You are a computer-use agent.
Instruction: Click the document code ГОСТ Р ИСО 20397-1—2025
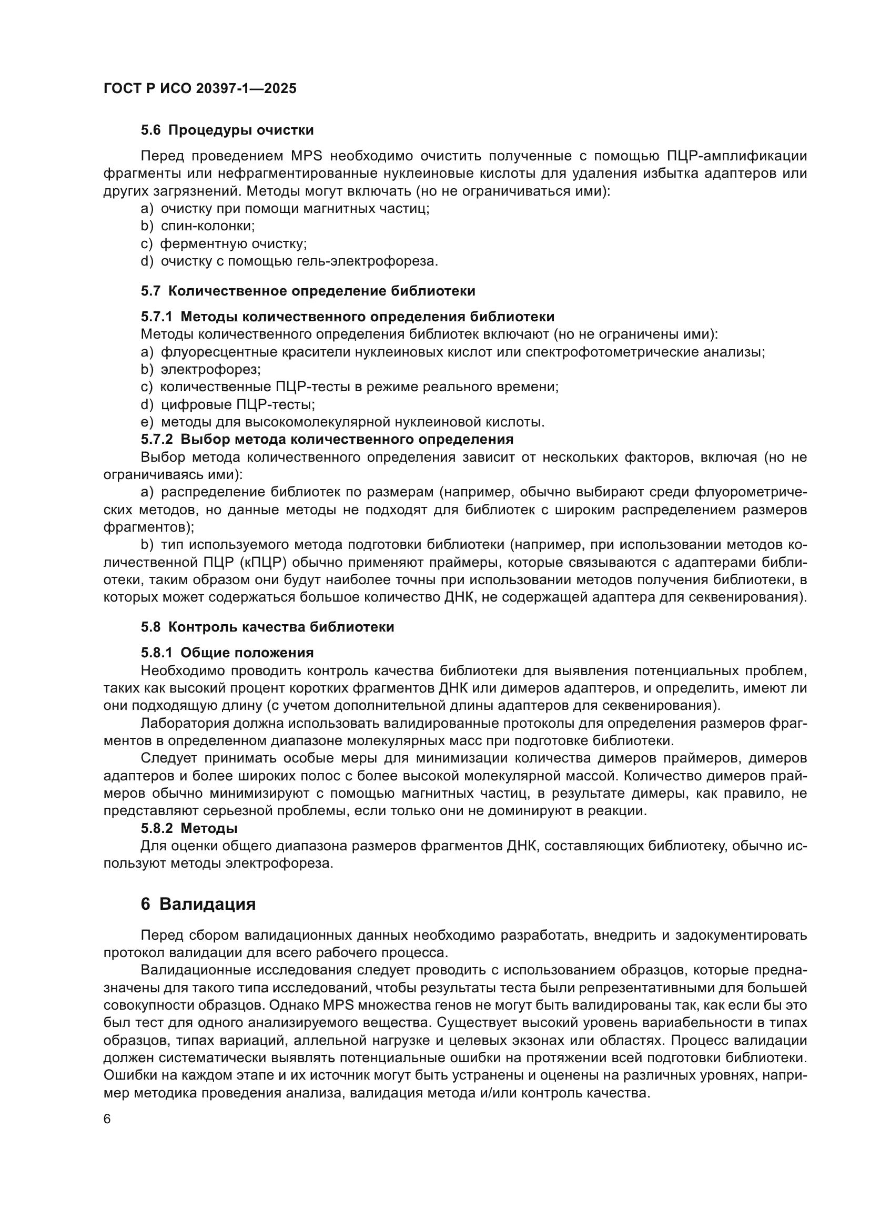[x=199, y=89]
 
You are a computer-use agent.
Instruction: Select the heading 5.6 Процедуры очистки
[x=227, y=130]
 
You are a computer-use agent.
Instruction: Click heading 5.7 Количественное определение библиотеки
[x=308, y=291]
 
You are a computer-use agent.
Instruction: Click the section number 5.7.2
[x=157, y=439]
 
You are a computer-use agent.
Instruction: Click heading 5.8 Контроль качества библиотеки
[x=267, y=627]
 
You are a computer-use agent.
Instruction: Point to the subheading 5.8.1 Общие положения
[x=227, y=653]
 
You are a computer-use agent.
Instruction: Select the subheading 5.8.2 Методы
[x=189, y=828]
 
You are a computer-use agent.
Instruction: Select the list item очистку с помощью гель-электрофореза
[x=299, y=261]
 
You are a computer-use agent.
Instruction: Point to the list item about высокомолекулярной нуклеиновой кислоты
[x=352, y=422]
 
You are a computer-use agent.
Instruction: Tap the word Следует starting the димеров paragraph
[x=169, y=759]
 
